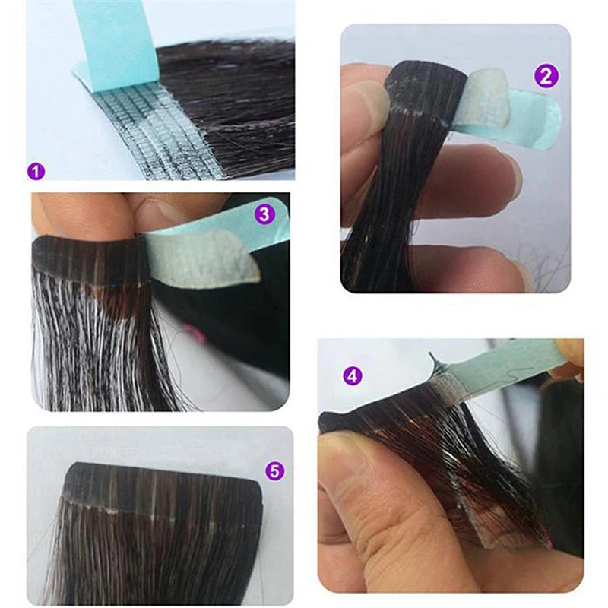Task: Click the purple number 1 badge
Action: click(36, 171)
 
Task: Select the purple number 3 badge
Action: click(264, 214)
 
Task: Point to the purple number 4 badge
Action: click(352, 375)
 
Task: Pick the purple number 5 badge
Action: click(274, 470)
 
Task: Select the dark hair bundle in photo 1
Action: click(229, 105)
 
